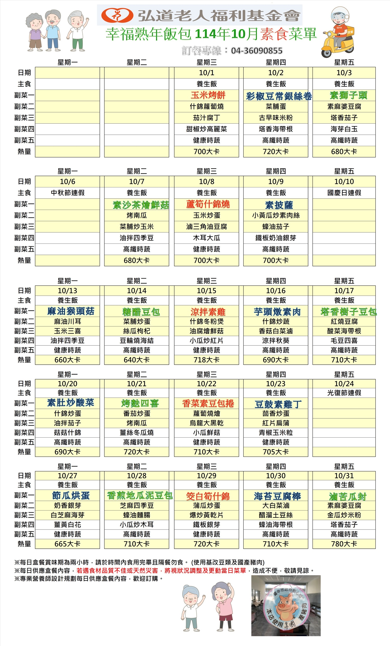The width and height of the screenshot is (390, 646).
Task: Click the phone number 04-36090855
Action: (256, 51)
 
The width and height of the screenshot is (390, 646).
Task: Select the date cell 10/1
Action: (206, 73)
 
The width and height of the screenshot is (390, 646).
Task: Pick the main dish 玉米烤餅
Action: (208, 95)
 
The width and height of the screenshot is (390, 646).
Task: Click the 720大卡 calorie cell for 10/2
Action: (276, 152)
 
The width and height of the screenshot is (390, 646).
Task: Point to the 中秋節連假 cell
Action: (68, 193)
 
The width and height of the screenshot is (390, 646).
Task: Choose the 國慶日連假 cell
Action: (344, 193)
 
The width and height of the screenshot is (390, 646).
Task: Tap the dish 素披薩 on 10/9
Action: (279, 205)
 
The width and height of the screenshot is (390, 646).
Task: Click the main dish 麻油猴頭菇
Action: (71, 311)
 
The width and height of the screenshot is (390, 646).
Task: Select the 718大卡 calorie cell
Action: (206, 360)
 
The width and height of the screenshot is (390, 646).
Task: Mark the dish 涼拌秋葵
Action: (276, 341)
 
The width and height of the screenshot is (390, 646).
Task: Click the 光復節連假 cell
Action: (344, 393)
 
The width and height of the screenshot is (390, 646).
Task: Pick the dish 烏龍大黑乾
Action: (206, 423)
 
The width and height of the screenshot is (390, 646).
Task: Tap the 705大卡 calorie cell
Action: (276, 452)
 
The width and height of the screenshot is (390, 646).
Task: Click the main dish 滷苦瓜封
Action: (347, 496)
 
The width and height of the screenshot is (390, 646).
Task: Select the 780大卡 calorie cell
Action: (344, 544)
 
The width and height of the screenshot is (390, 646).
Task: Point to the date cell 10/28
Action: (136, 475)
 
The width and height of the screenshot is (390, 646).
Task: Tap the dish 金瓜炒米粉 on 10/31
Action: (344, 515)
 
